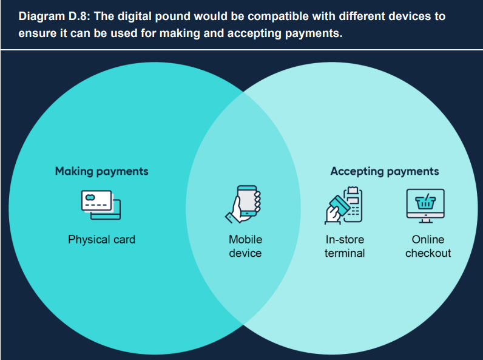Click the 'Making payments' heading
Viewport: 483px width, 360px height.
tap(101, 171)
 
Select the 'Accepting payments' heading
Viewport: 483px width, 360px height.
tap(385, 171)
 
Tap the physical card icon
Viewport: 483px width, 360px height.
tap(101, 203)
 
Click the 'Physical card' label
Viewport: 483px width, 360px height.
tap(101, 239)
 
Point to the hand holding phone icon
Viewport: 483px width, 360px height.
tap(244, 204)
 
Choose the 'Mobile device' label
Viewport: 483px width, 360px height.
tap(245, 246)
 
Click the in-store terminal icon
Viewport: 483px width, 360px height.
tap(343, 205)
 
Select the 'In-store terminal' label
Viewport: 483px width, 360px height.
tap(345, 246)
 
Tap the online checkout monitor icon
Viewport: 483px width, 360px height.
tap(425, 205)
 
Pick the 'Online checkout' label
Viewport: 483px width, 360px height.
tap(428, 246)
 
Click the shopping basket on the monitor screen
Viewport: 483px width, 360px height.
tap(425, 200)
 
